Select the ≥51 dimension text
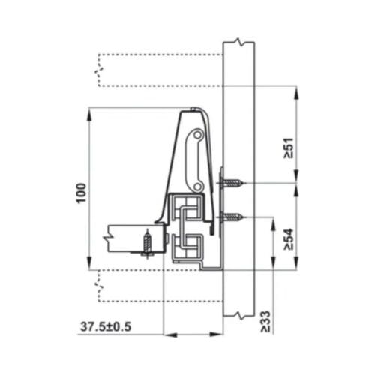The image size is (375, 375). pyautogui.click(x=288, y=148)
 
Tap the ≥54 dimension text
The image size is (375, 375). pyautogui.click(x=288, y=238)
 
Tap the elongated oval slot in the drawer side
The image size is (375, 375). pyautogui.click(x=196, y=160)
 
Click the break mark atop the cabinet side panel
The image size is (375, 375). pyautogui.click(x=238, y=41)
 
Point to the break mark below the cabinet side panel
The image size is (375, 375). pyautogui.click(x=238, y=313)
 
